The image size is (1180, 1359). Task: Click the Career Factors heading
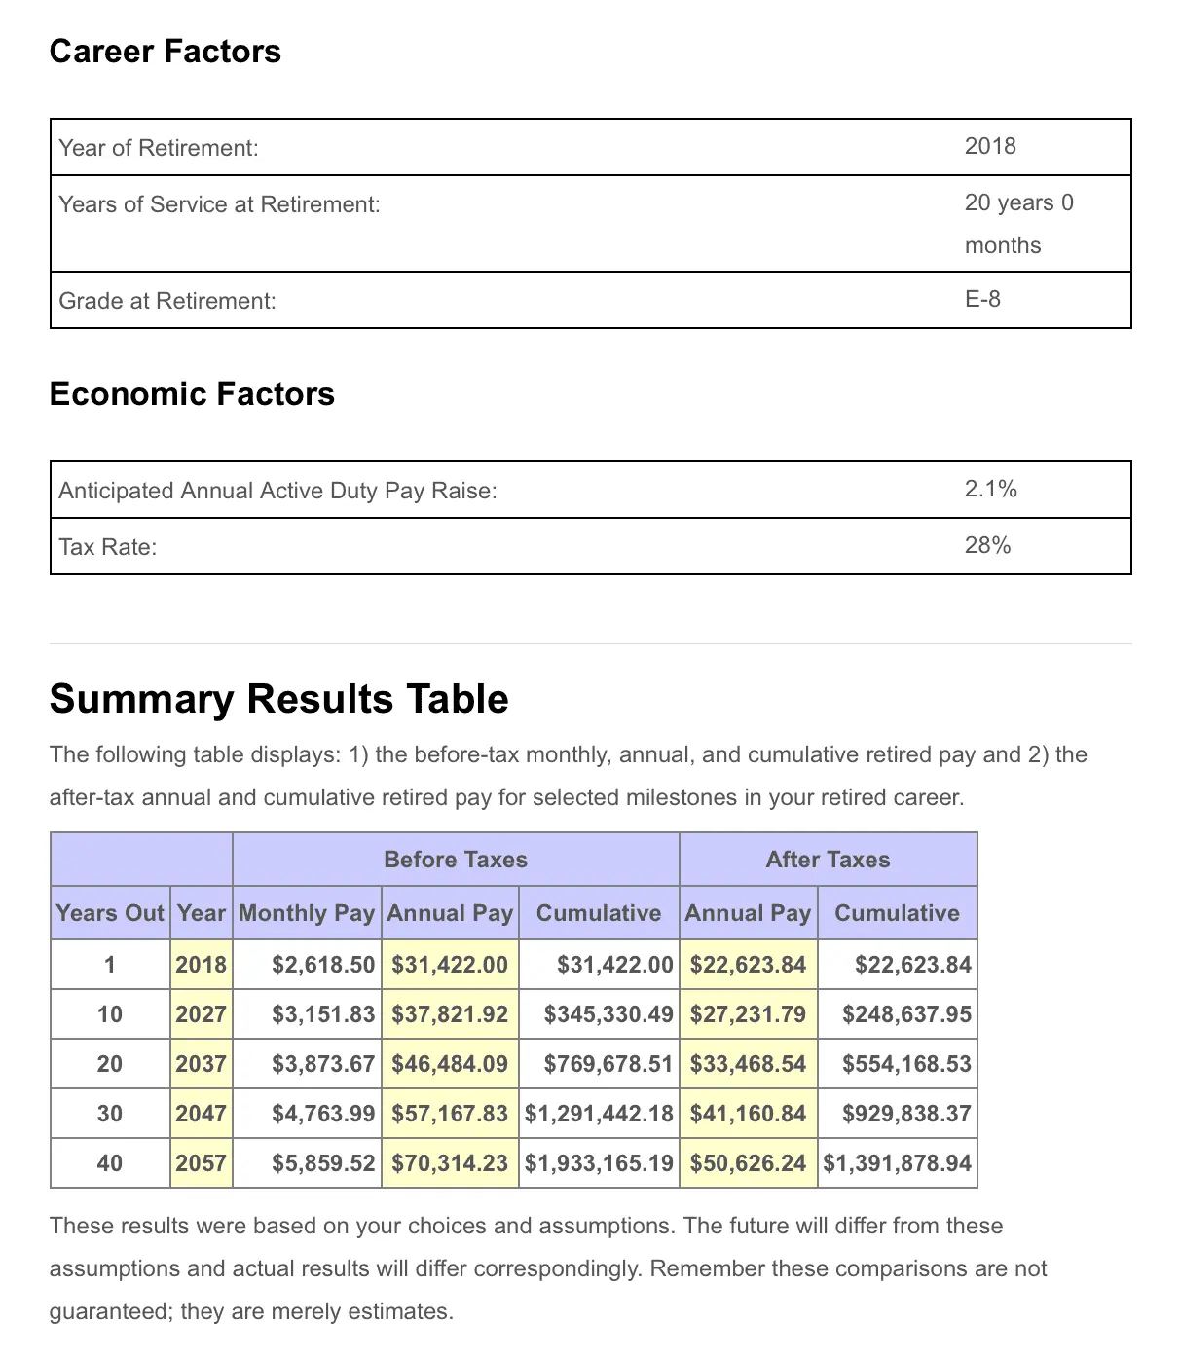tap(165, 52)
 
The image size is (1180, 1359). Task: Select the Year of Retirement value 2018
tap(990, 146)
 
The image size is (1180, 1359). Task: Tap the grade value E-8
tap(982, 299)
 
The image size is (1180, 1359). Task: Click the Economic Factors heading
tap(192, 394)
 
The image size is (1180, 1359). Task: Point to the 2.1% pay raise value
tap(990, 489)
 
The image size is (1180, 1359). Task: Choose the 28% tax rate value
tap(987, 545)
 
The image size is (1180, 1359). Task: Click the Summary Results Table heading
tap(278, 699)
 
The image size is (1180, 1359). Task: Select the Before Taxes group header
tap(456, 860)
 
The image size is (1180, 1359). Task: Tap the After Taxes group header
tap(828, 860)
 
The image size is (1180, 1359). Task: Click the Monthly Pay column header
tap(307, 913)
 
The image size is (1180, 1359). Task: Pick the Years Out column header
tap(110, 913)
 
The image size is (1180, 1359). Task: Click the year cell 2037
tap(201, 1064)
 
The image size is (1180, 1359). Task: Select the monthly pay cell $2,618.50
tap(322, 965)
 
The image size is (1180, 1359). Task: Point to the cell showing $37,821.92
tap(450, 1014)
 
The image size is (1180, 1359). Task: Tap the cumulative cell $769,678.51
tap(608, 1064)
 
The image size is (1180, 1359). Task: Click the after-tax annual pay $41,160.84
tap(748, 1114)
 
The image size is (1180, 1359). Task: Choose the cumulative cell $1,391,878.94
tap(897, 1163)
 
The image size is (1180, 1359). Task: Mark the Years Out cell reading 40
tap(110, 1163)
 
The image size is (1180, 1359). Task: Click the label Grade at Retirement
tap(167, 301)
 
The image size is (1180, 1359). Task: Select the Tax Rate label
tap(107, 547)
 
